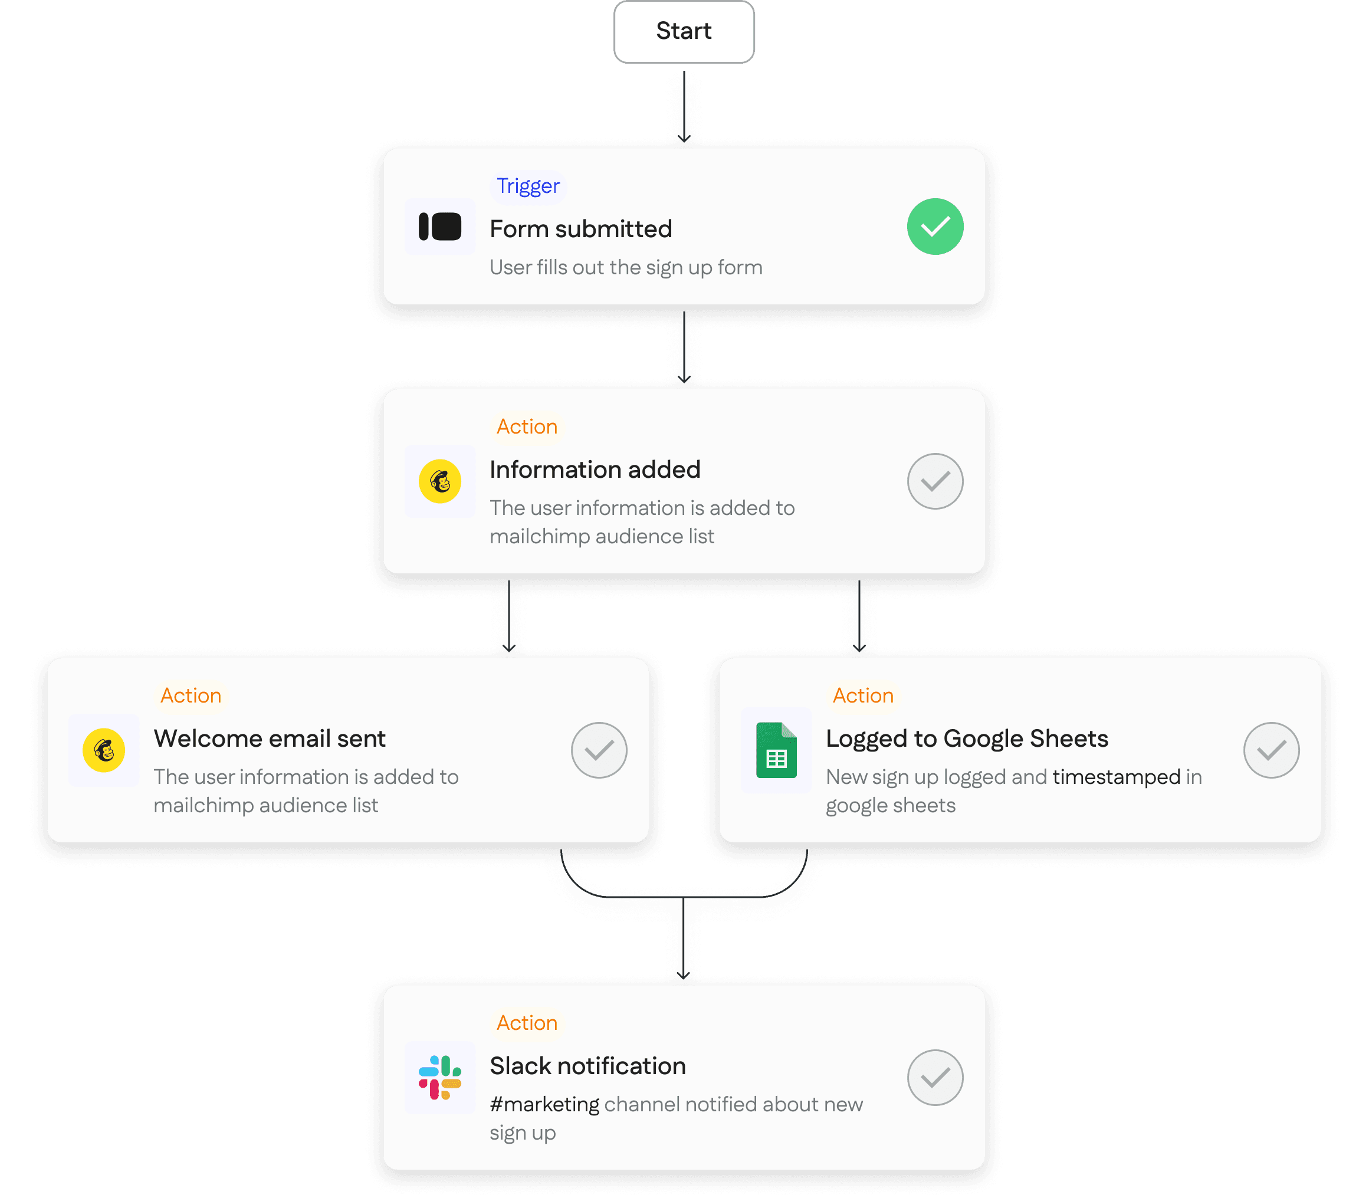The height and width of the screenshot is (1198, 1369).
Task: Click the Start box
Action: coord(684,31)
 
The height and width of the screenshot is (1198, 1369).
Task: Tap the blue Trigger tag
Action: coord(527,186)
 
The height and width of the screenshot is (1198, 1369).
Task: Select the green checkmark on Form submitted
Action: coord(934,227)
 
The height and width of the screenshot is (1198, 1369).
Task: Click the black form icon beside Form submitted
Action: coord(440,227)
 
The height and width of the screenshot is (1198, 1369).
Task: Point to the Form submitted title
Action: coord(581,229)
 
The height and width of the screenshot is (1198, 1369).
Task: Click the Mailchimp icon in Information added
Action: coord(440,481)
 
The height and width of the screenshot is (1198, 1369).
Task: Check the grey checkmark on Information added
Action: coord(934,481)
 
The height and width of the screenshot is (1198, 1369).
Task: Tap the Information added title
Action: coord(595,470)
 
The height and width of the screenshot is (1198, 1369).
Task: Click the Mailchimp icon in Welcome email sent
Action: coord(104,750)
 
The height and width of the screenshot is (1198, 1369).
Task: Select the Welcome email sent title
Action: coord(270,738)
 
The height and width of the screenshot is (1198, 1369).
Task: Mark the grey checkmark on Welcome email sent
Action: coord(599,750)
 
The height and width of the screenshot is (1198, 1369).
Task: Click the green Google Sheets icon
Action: coord(776,750)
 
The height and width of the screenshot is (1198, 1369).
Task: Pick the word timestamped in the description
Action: coord(1117,777)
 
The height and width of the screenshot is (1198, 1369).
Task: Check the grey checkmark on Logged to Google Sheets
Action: coord(1272,750)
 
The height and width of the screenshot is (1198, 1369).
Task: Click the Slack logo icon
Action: coord(440,1078)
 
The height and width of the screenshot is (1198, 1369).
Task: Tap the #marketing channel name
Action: coord(544,1104)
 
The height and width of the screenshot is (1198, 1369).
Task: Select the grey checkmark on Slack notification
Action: coord(934,1078)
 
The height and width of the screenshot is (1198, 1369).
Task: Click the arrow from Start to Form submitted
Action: coord(684,107)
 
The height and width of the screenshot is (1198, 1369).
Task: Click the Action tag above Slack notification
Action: coord(527,1023)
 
